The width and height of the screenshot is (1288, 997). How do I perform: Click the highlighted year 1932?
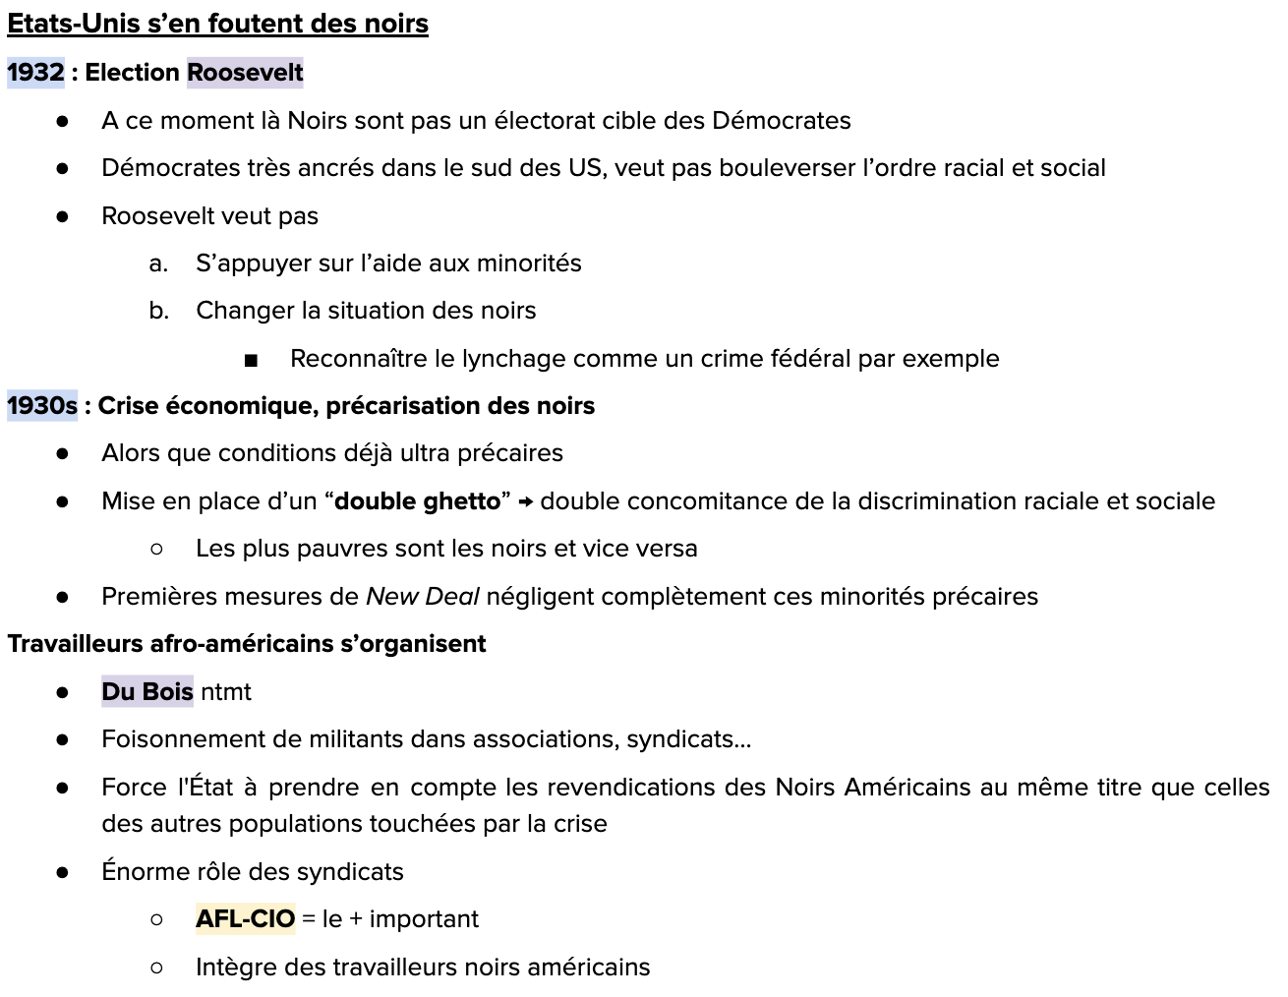coord(35,73)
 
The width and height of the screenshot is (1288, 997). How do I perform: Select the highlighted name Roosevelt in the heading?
coord(245,73)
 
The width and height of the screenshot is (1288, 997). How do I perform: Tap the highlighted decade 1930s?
coord(42,406)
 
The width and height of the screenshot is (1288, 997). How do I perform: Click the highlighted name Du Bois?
coord(147,692)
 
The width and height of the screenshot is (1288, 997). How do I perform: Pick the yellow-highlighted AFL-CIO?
coord(245,919)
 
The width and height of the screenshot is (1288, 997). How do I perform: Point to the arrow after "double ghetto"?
coord(526,502)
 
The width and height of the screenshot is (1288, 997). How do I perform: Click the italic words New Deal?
coord(422,597)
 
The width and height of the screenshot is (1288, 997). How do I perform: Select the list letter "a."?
coord(158,264)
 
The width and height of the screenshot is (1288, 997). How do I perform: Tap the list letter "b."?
coord(159,311)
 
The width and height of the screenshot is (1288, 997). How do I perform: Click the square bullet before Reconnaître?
coord(251,360)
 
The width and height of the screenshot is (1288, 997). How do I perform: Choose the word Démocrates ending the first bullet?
coord(781,121)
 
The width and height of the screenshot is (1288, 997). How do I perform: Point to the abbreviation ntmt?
coord(226,692)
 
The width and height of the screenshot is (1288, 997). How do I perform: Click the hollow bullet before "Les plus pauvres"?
coord(157,549)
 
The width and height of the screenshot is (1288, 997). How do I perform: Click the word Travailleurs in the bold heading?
coord(75,644)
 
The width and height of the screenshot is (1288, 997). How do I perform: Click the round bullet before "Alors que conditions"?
coord(63,454)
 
